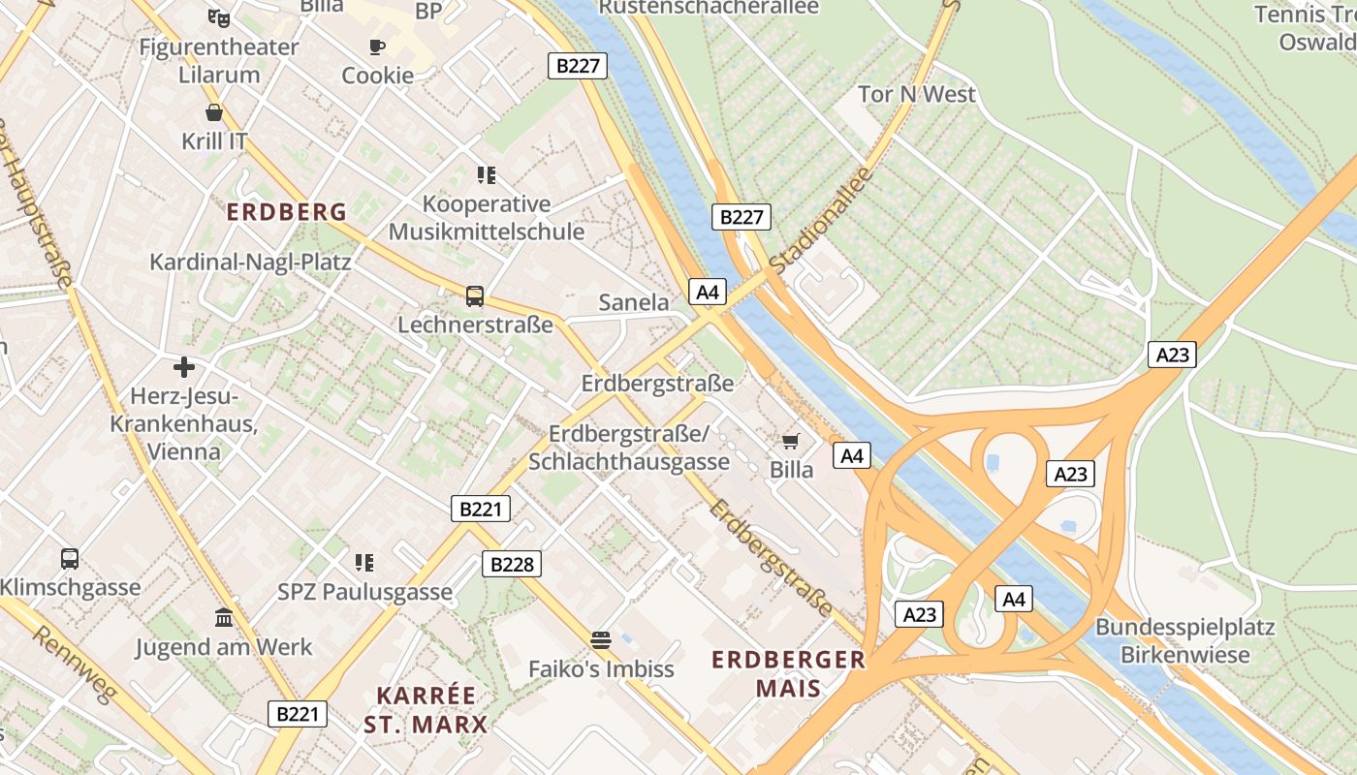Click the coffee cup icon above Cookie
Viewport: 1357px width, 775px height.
[x=376, y=46]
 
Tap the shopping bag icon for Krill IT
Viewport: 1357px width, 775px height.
[x=214, y=112]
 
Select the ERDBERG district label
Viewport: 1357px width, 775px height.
[x=286, y=212]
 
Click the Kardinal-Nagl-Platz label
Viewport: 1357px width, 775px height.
[x=250, y=262]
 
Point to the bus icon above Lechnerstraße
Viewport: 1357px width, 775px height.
[x=474, y=295]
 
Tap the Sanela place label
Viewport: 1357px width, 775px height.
[x=634, y=302]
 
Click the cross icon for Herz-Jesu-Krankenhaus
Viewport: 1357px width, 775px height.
[x=183, y=367]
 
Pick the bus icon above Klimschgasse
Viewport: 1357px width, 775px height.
[x=70, y=558]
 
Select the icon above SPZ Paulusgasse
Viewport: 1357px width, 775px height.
[x=364, y=562]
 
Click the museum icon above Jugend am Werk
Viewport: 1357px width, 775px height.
[x=224, y=617]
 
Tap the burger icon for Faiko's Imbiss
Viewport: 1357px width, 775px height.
[x=601, y=639]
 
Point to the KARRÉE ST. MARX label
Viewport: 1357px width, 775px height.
[x=426, y=709]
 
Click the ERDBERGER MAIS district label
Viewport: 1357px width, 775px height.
[x=788, y=674]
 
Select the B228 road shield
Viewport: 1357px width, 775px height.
[x=512, y=564]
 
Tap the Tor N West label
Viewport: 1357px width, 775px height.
[x=917, y=94]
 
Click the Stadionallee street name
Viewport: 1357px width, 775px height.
[x=820, y=220]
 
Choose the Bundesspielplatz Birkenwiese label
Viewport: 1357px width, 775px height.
[x=1184, y=640]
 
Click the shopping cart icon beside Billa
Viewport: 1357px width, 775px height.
[x=791, y=442]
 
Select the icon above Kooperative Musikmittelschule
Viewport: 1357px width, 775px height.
[x=487, y=175]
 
